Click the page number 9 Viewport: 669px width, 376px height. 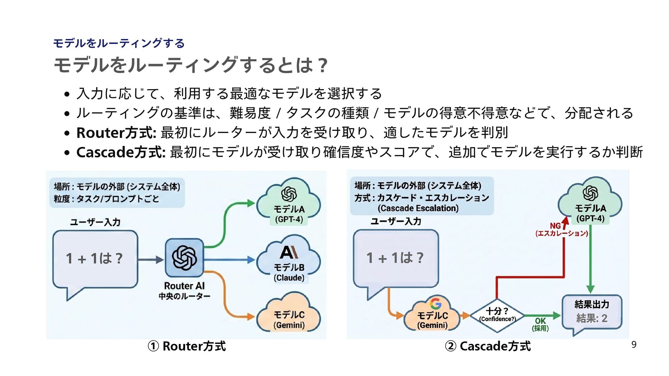click(634, 345)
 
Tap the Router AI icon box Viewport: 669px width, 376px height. click(184, 258)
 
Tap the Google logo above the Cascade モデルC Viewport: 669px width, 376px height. click(436, 304)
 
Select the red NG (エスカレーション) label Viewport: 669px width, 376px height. click(561, 230)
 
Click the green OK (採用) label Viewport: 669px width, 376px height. click(540, 324)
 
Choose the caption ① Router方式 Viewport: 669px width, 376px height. click(187, 346)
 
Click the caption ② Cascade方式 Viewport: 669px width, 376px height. click(488, 346)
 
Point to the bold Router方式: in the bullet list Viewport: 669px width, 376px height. click(116, 133)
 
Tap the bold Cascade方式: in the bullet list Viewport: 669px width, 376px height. click(121, 152)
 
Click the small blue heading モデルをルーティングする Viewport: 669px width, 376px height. click(119, 43)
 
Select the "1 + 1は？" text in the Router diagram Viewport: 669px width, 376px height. click(94, 258)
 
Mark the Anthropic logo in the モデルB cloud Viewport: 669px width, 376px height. click(289, 252)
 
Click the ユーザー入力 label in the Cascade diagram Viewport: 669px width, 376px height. click(396, 221)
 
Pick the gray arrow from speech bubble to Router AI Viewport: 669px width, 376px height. click(151, 259)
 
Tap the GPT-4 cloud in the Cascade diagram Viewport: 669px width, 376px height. click(590, 202)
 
